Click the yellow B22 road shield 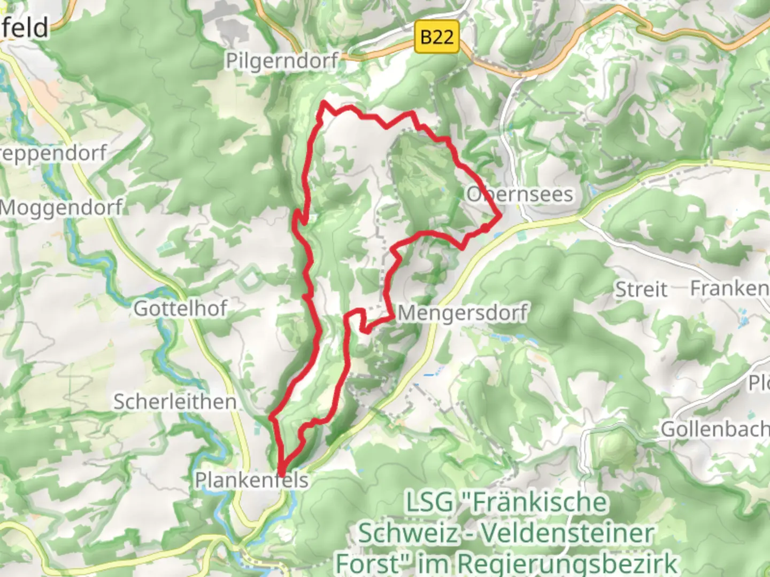(x=437, y=37)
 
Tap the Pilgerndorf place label (x=282, y=60)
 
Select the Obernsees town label (x=520, y=194)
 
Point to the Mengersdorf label (x=463, y=313)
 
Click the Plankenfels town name (x=251, y=480)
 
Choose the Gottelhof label (x=181, y=308)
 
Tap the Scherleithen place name (x=175, y=402)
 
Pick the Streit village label (x=641, y=290)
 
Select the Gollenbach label (x=714, y=429)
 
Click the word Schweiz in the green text (x=407, y=533)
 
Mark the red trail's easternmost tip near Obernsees (x=500, y=216)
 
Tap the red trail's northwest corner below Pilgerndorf (x=324, y=103)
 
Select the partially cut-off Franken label (x=729, y=288)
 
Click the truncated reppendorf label (x=53, y=153)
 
